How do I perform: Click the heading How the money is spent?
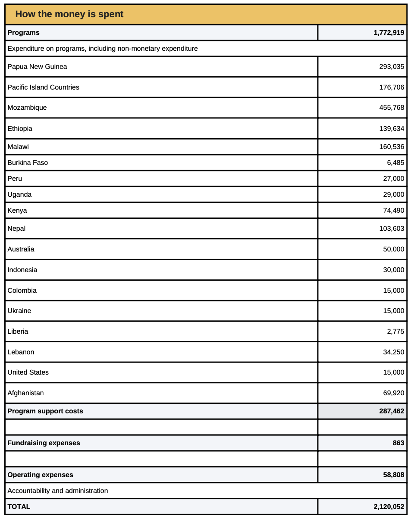(69, 14)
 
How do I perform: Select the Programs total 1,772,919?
(389, 33)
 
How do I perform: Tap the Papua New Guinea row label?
(37, 67)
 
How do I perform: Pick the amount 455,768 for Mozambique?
(392, 108)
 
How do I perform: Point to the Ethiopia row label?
(20, 129)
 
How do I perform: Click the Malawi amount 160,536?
(392, 147)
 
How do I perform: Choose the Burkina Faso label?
(28, 163)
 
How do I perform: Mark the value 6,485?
(395, 163)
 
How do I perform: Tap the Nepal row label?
(16, 229)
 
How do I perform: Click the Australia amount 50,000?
(394, 249)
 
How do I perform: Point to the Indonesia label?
(22, 270)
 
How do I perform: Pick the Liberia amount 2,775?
(395, 332)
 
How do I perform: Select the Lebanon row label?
(21, 352)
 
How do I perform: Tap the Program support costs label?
(45, 411)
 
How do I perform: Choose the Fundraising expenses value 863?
(398, 443)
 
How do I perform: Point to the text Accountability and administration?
(58, 491)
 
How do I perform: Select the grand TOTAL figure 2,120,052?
(389, 507)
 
